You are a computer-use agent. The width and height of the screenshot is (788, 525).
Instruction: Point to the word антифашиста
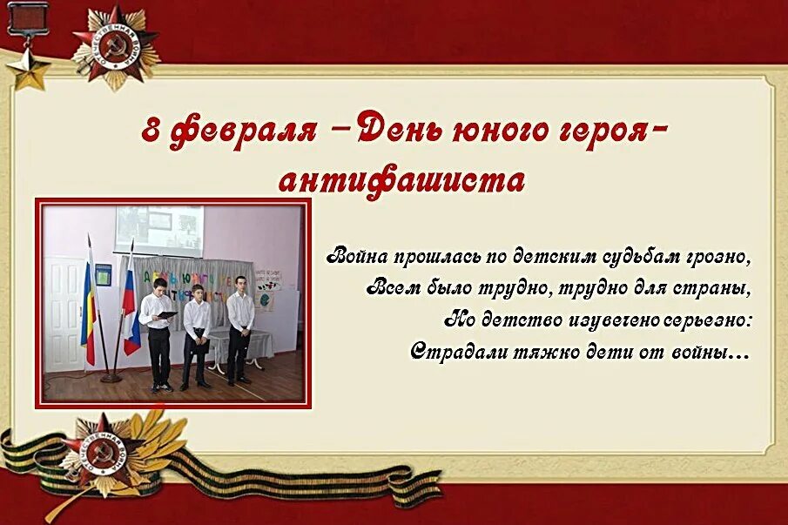pos(401,180)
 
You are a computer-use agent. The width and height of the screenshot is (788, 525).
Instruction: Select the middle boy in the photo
pos(196,333)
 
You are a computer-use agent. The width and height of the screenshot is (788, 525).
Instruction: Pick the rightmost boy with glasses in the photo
pos(239,326)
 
